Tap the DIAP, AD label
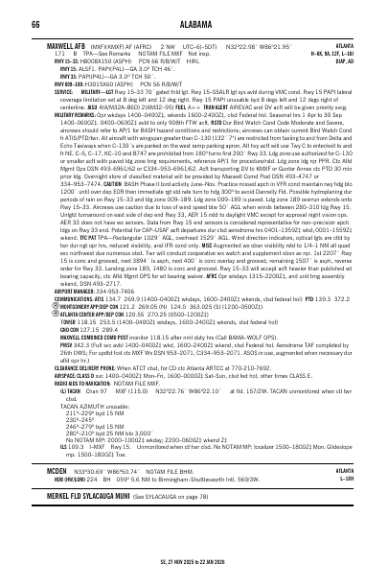tap(355, 58)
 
